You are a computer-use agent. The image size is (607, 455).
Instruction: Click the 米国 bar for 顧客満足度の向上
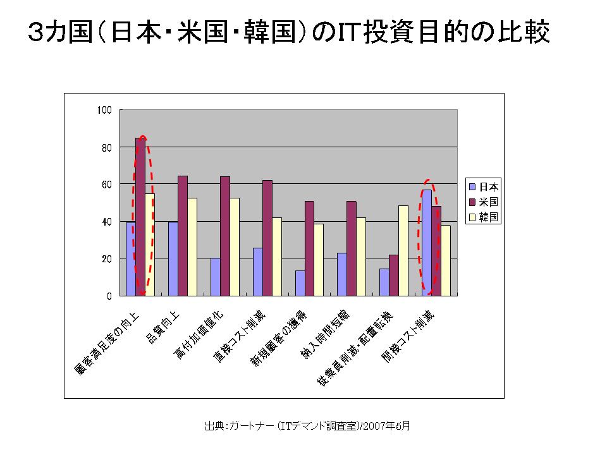(x=140, y=217)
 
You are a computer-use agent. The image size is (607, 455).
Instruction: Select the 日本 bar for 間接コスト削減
(x=427, y=243)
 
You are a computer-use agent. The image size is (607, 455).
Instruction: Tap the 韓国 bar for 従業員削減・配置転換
(x=403, y=250)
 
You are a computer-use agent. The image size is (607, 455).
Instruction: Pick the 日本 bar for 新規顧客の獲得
(x=300, y=283)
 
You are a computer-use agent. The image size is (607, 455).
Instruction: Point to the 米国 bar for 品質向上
(x=183, y=236)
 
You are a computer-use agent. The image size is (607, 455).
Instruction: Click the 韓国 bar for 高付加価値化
(x=235, y=246)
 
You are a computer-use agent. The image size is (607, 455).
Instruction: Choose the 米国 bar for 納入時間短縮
(x=352, y=248)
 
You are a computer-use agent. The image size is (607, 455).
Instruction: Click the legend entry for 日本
(x=484, y=186)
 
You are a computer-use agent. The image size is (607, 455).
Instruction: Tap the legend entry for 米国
(x=484, y=202)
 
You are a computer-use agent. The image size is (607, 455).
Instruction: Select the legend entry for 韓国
(x=484, y=217)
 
